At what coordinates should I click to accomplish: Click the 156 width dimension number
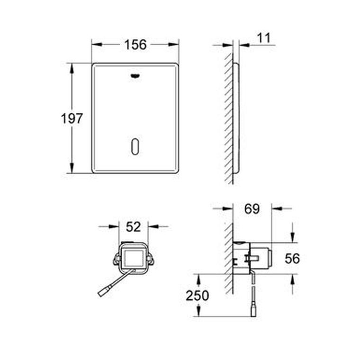pyautogui.click(x=135, y=45)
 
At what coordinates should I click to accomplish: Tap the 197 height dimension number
pyautogui.click(x=72, y=118)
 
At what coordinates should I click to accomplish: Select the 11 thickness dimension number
pyautogui.click(x=264, y=38)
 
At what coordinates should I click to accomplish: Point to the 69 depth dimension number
pyautogui.click(x=252, y=209)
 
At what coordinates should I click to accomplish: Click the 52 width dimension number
pyautogui.click(x=134, y=227)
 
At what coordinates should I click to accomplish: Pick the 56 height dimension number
pyautogui.click(x=292, y=258)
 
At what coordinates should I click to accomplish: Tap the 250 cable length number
pyautogui.click(x=197, y=296)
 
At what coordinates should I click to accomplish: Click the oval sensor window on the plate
pyautogui.click(x=135, y=146)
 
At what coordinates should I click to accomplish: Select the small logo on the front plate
pyautogui.click(x=135, y=76)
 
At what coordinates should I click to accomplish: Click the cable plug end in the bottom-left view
pyautogui.click(x=103, y=292)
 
